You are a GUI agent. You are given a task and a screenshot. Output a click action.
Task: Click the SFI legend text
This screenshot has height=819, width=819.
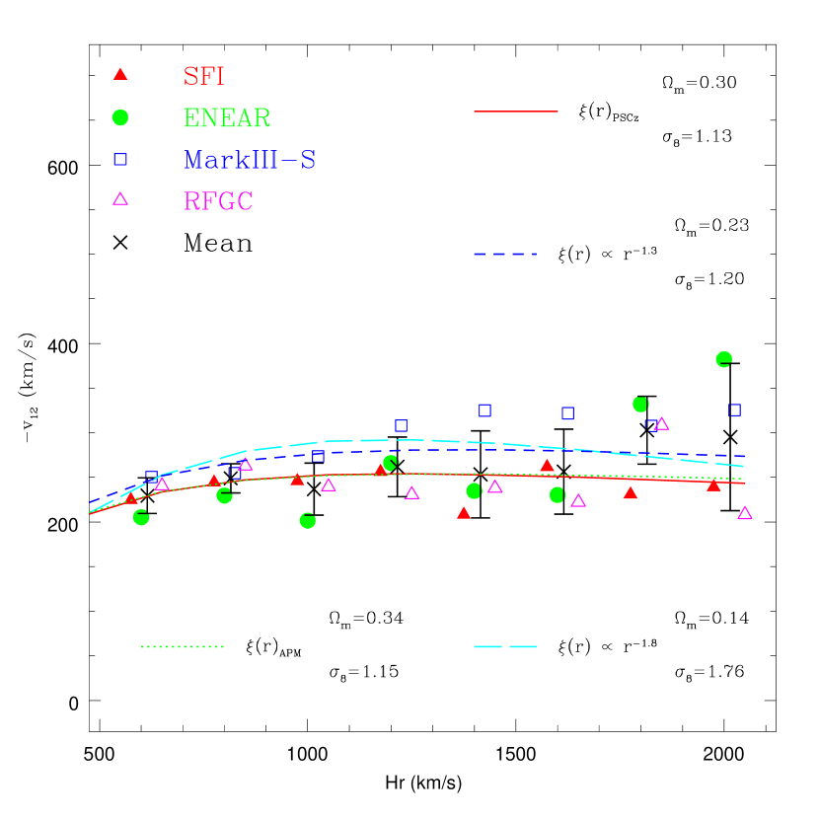(x=204, y=76)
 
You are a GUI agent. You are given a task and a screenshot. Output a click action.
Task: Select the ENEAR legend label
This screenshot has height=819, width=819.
(x=227, y=118)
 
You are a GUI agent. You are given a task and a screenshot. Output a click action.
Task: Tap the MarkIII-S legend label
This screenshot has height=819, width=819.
(x=250, y=160)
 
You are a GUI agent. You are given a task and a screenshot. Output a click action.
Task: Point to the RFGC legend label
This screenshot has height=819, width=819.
(x=218, y=201)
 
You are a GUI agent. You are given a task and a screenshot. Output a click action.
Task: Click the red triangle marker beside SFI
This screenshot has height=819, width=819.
(x=120, y=74)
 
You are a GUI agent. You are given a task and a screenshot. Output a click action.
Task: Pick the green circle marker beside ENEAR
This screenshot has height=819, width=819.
(x=120, y=117)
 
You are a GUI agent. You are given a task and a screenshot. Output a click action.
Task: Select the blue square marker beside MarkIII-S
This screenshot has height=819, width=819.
(x=120, y=159)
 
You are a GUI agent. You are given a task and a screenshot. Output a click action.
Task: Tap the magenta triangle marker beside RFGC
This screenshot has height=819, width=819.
(x=120, y=199)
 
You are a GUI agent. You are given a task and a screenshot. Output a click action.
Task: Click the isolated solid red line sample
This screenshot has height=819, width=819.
(x=515, y=112)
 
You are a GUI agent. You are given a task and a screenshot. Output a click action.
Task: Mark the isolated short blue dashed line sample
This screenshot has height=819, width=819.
(x=504, y=254)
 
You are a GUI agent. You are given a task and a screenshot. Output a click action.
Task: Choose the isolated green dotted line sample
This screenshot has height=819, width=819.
(x=183, y=646)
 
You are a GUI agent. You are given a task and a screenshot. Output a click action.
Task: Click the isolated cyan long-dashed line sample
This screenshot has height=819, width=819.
(x=504, y=646)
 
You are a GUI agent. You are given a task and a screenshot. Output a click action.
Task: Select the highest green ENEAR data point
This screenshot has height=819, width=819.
(x=723, y=359)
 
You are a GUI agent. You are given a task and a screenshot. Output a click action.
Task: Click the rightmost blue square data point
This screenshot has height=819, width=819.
(x=734, y=409)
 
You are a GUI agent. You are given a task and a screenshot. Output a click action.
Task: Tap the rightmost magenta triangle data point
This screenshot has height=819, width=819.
(x=745, y=513)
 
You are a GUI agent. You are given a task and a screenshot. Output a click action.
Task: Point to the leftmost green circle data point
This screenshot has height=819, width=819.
(x=141, y=517)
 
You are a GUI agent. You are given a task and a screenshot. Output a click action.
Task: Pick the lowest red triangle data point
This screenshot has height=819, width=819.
(x=464, y=513)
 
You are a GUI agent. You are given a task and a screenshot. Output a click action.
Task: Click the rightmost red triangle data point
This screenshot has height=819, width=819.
(x=713, y=484)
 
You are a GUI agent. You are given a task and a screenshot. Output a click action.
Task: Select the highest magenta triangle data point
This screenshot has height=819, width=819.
(x=661, y=424)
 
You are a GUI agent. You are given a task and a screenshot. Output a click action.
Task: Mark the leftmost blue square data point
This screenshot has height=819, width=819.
(x=151, y=477)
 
